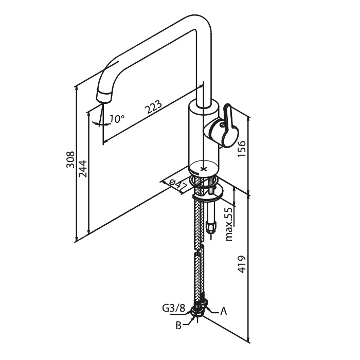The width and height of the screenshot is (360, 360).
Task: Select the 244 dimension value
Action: pos(83,167)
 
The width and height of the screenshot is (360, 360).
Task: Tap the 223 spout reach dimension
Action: pos(153,109)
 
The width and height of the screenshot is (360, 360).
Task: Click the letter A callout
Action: pos(224,311)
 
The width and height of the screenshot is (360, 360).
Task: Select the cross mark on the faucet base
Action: pos(204,168)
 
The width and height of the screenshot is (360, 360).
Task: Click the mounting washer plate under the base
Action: pos(208,192)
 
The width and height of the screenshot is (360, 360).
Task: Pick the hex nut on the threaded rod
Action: pos(211,226)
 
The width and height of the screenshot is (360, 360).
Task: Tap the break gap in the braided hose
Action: pos(198,249)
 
